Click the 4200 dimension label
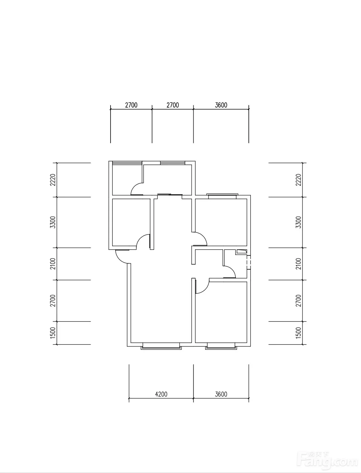click(161, 394)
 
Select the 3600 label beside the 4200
click(221, 394)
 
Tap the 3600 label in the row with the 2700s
click(221, 105)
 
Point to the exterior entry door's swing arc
click(119, 260)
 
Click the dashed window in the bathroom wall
click(249, 262)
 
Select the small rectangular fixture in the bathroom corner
click(241, 251)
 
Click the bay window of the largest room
click(161, 346)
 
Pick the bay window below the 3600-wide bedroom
click(221, 346)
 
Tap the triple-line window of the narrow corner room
click(127, 163)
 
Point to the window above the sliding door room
click(172, 163)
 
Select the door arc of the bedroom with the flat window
click(203, 236)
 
